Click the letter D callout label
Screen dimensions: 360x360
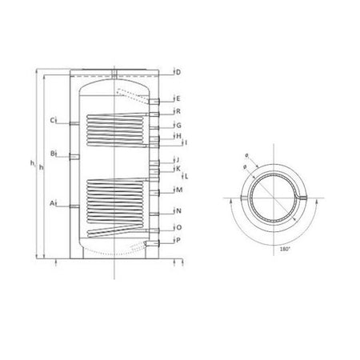coord(178,73)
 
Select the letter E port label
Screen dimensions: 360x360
coord(178,98)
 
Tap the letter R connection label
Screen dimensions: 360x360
coord(178,111)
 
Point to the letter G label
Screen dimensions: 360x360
coord(178,126)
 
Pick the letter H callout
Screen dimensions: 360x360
coord(178,138)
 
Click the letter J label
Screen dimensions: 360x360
coord(177,161)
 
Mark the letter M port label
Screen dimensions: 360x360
coord(178,190)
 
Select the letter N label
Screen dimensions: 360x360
coord(178,211)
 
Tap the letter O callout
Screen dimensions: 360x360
coord(178,227)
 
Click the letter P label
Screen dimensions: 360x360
coord(178,240)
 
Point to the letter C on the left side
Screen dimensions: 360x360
coord(50,121)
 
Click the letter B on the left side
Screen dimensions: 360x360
coord(50,153)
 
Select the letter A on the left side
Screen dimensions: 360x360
coord(50,205)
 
